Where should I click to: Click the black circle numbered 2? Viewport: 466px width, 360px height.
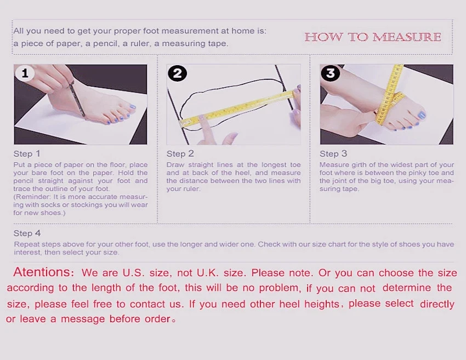178,73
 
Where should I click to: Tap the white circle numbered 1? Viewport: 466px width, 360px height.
25,73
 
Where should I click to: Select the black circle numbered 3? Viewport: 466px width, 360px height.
330,73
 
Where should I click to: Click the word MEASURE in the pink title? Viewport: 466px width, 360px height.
407,37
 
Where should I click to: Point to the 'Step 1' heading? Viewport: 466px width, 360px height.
26,153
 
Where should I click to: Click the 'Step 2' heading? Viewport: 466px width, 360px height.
180,153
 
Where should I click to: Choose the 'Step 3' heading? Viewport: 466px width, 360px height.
333,153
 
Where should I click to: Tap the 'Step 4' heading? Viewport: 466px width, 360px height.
27,233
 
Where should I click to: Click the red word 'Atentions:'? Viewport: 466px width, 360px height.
43,272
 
